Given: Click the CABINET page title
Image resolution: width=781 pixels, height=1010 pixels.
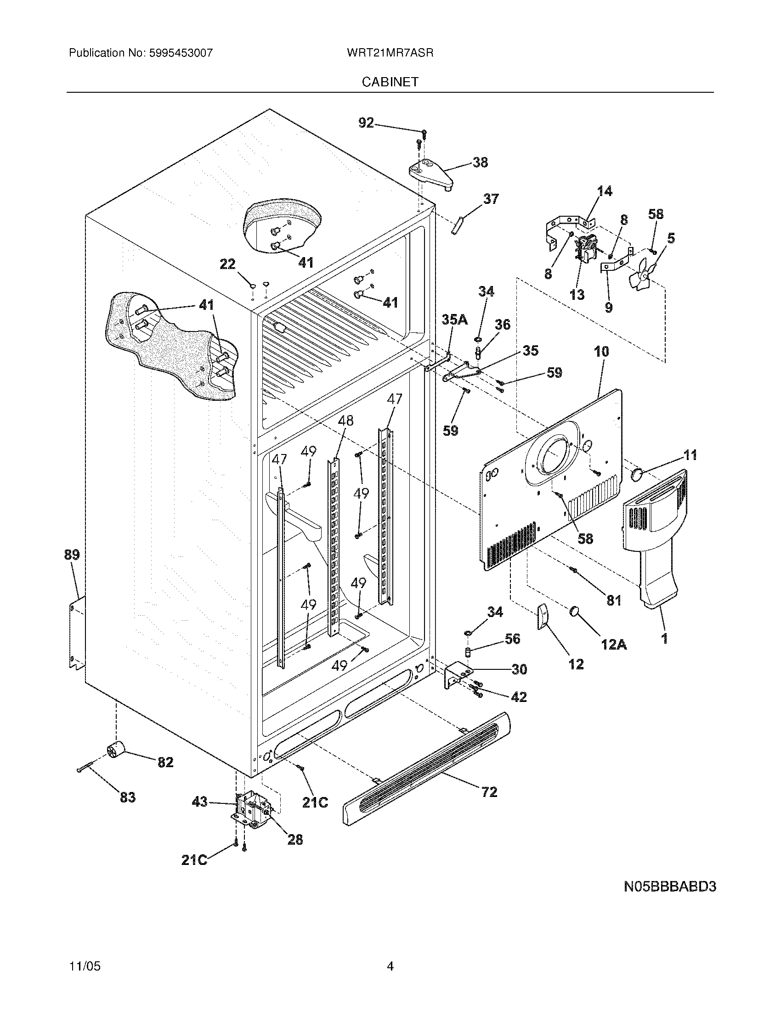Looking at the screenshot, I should [390, 82].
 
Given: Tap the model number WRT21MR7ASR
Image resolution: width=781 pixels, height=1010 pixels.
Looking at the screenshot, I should [390, 53].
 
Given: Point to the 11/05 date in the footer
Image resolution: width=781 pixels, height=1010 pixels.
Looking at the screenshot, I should [84, 966].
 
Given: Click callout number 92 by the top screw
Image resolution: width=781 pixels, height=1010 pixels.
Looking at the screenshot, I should [366, 123].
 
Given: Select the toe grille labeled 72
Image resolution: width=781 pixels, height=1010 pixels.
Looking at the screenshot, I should [426, 768].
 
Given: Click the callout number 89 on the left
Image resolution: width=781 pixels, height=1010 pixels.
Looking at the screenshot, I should [72, 555].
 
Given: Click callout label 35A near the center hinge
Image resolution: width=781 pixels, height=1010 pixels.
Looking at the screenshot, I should [455, 319].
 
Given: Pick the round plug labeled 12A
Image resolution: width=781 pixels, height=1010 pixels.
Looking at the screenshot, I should [576, 612].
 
